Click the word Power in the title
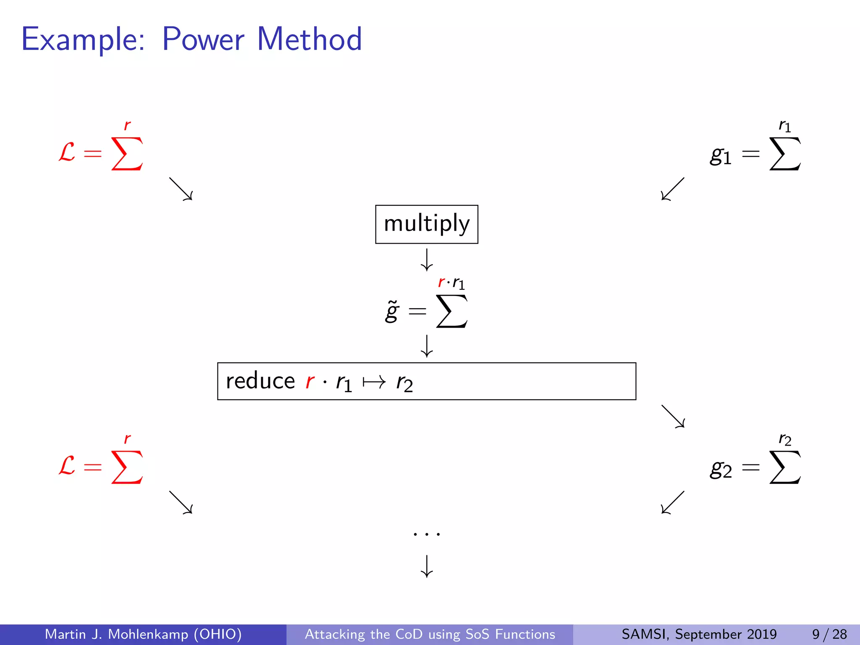click(x=203, y=39)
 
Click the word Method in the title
click(x=309, y=39)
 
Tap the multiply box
click(x=427, y=224)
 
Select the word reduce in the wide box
click(x=260, y=381)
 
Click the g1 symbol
click(x=721, y=155)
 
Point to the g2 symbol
click(x=721, y=469)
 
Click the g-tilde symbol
click(x=392, y=311)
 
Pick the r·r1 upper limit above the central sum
click(x=451, y=283)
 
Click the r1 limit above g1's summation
click(x=785, y=126)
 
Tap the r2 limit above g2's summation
click(x=785, y=439)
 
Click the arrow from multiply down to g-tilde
click(x=427, y=260)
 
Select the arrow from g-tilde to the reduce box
click(x=427, y=346)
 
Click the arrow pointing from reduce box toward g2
click(x=673, y=416)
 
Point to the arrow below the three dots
click(x=427, y=566)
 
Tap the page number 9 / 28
click(x=829, y=634)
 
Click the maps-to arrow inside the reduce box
click(x=374, y=382)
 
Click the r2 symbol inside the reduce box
click(x=404, y=383)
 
